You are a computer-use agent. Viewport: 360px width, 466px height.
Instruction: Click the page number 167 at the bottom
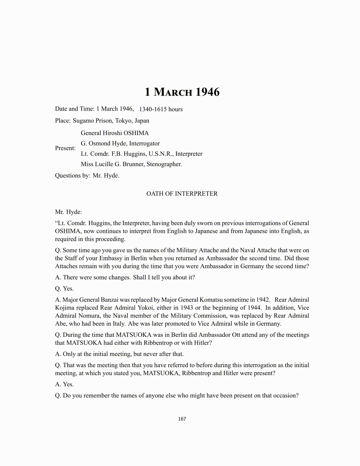click(182, 419)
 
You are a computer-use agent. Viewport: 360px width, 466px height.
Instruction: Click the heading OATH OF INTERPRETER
click(182, 194)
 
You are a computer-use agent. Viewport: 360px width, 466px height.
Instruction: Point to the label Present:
click(65, 148)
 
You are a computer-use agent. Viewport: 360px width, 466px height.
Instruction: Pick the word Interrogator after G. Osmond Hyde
click(144, 144)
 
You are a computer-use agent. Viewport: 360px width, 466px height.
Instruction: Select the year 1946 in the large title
click(207, 92)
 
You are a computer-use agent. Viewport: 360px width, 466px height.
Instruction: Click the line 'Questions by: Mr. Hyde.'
click(87, 176)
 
